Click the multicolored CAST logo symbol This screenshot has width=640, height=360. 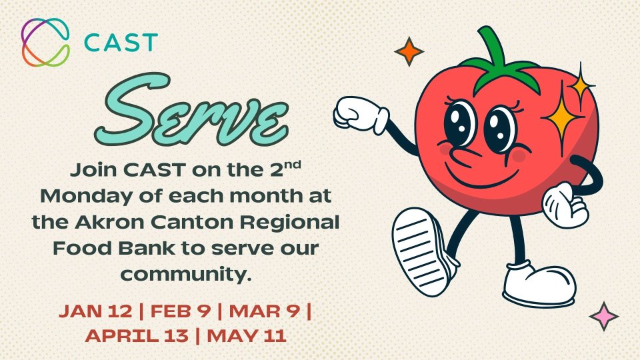(x=45, y=42)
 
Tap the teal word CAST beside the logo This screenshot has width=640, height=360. (x=121, y=43)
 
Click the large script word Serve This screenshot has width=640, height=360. (x=192, y=110)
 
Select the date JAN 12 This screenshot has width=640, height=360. (x=95, y=311)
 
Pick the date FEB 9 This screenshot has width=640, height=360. (x=181, y=311)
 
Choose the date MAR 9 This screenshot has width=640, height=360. (x=265, y=311)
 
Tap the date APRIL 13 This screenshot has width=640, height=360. (x=137, y=336)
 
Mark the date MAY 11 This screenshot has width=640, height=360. (x=247, y=336)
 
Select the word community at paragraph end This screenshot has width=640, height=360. (x=186, y=274)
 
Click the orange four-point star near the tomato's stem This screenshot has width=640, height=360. (x=409, y=52)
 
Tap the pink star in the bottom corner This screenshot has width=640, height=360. (x=604, y=316)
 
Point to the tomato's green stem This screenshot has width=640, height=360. (x=499, y=61)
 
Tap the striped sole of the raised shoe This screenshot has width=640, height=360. (x=419, y=252)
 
